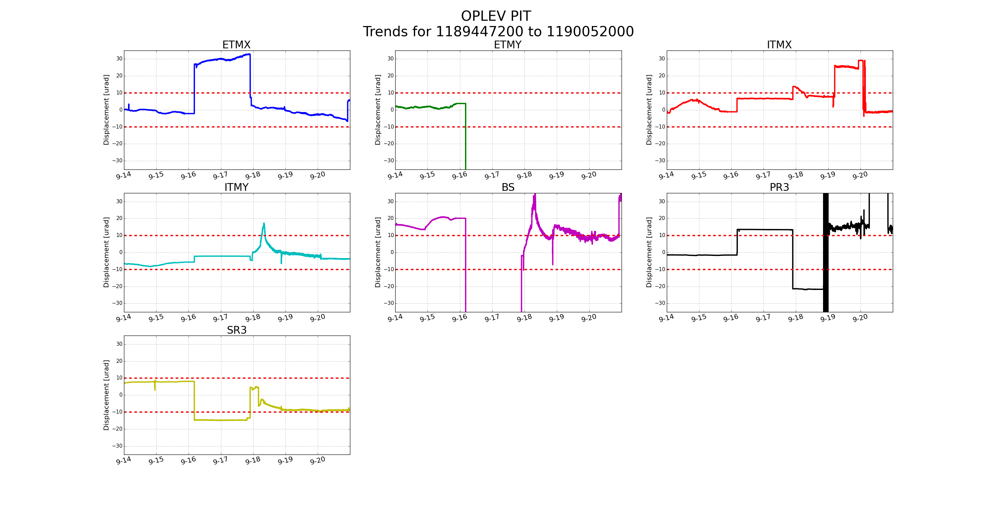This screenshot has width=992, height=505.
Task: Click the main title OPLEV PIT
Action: (496, 16)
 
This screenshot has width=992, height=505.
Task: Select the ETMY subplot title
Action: (507, 45)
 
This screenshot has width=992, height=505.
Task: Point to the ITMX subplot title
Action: (779, 45)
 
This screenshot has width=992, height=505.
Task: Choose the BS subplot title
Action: (507, 187)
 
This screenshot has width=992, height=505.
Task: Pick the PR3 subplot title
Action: (779, 187)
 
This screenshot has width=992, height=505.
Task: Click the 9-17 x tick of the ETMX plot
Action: (220, 176)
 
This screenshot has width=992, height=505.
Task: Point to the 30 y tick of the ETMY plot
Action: (391, 59)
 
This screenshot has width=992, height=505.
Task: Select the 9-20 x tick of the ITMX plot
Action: (860, 176)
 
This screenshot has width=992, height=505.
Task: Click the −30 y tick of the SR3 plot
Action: (117, 446)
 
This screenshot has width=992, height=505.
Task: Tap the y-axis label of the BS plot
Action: (378, 252)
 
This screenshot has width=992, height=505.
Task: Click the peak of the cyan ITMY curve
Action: (264, 223)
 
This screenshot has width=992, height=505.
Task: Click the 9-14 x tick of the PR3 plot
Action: (666, 318)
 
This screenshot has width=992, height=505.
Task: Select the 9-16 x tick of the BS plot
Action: (459, 318)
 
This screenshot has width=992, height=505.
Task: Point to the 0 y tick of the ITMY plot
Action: (121, 252)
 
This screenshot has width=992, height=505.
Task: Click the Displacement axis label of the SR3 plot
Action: (106, 395)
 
